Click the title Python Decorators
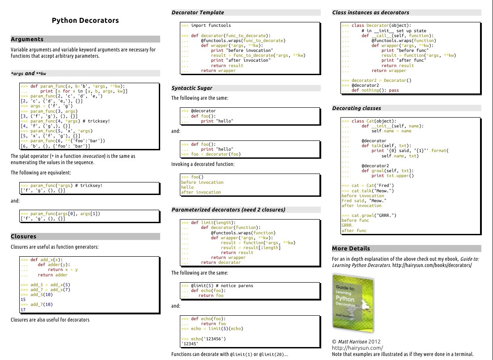point(85,21)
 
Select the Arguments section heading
point(27,39)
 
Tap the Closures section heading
point(23,237)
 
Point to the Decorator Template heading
point(198,13)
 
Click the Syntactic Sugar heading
point(192,88)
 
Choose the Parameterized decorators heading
point(228,210)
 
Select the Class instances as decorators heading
point(370,13)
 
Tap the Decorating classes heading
point(357,108)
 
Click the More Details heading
point(351,249)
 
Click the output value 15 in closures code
point(23,300)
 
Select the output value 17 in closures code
point(23,309)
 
